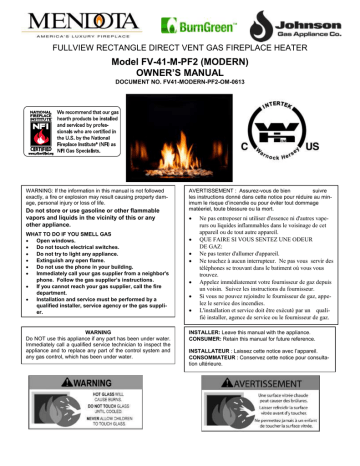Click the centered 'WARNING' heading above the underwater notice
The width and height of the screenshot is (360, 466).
coord(90,355)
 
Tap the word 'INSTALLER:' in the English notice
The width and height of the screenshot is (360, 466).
coord(207,356)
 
